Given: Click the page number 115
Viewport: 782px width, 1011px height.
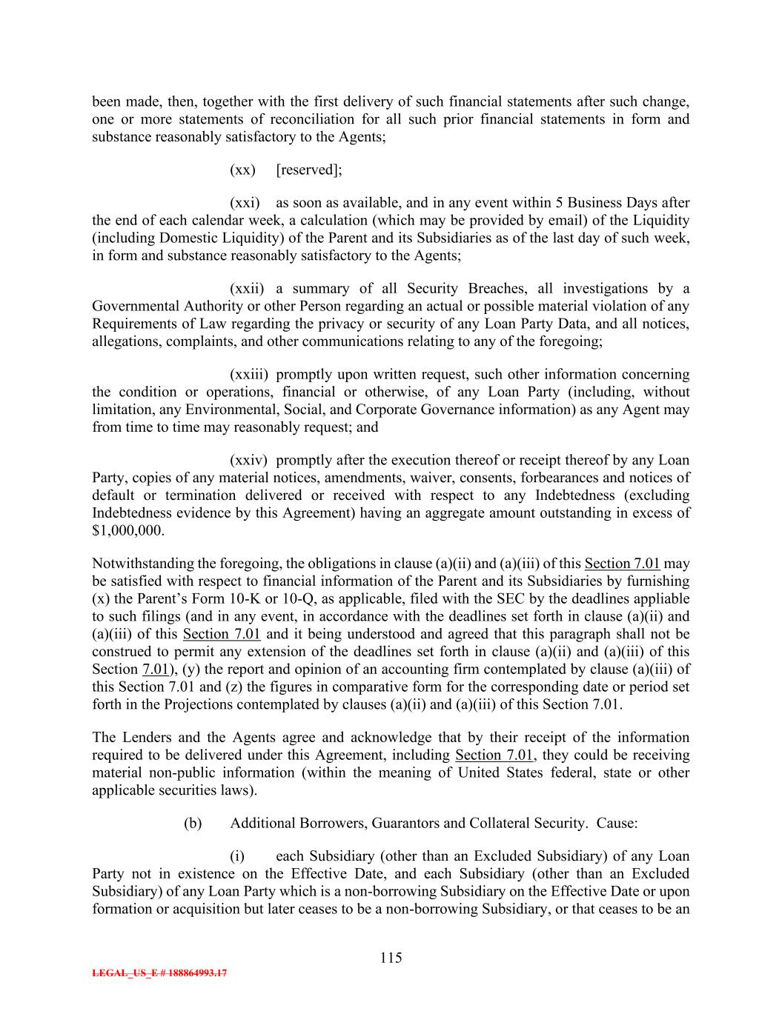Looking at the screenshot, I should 391,958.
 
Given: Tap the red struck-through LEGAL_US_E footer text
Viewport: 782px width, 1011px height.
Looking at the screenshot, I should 159,973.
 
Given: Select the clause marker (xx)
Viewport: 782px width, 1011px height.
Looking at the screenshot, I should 242,170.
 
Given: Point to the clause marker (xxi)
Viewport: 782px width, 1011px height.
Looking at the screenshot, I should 245,203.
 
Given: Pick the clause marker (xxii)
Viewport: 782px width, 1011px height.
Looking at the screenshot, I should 247,289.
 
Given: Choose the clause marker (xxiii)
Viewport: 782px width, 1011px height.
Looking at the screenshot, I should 249,375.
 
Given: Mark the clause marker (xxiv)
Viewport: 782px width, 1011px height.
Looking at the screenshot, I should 248,461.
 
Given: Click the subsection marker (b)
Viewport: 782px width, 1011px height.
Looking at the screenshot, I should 193,824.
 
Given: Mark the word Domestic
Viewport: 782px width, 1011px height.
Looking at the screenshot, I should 172,238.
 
